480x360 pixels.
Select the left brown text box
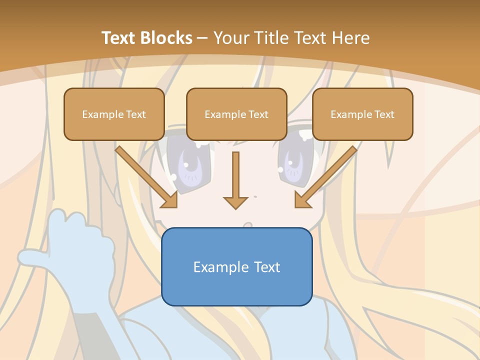click(114, 114)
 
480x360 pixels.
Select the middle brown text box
click(236, 114)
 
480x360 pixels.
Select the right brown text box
click(362, 114)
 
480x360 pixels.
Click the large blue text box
click(236, 266)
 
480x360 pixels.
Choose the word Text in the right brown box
click(384, 114)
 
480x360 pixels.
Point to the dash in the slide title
click(202, 38)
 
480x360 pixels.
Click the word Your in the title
click(230, 38)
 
